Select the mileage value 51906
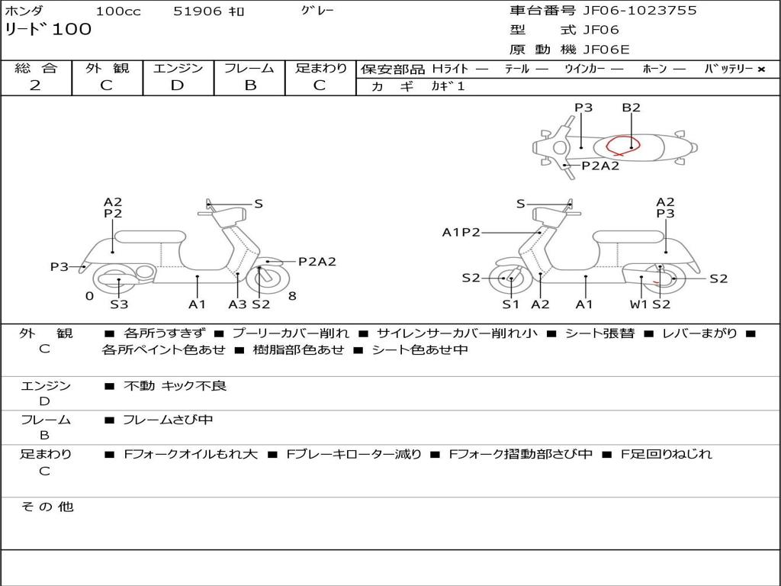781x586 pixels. coord(198,11)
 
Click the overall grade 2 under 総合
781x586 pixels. coord(35,85)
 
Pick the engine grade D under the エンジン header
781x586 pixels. coord(177,85)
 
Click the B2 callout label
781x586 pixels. coord(631,108)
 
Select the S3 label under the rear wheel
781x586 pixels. coord(119,304)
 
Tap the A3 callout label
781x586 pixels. coord(237,304)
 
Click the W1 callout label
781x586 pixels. coord(638,304)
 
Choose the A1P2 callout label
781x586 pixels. coord(461,232)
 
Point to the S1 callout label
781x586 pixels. coord(510,304)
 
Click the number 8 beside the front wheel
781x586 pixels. coord(292,296)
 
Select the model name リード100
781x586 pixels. coord(48,30)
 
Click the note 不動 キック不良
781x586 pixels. coord(175,386)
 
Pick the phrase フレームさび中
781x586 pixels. coord(168,420)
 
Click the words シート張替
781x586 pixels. coord(599,333)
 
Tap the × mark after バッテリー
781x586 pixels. coord(760,69)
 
